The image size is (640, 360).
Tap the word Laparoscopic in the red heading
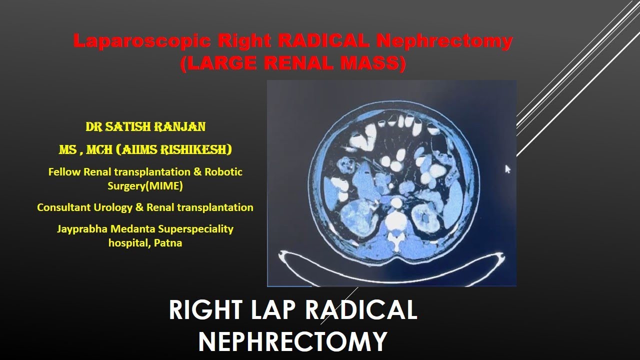coord(142,41)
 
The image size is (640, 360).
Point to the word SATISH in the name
coord(127,126)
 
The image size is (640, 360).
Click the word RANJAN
coord(180,126)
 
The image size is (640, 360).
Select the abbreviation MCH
coord(99,149)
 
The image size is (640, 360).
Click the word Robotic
coord(223,171)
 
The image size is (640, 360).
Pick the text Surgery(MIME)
coord(145,185)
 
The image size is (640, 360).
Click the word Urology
coord(113,207)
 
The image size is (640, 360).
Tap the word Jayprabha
coord(82,229)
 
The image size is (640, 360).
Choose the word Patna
coord(168,243)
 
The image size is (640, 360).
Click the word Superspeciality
coord(195,229)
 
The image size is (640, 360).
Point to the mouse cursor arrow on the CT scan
coord(507,169)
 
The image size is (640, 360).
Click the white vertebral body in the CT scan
coord(396,220)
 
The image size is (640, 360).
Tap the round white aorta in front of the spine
coord(396,203)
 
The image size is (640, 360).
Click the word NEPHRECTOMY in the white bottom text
coord(292,341)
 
